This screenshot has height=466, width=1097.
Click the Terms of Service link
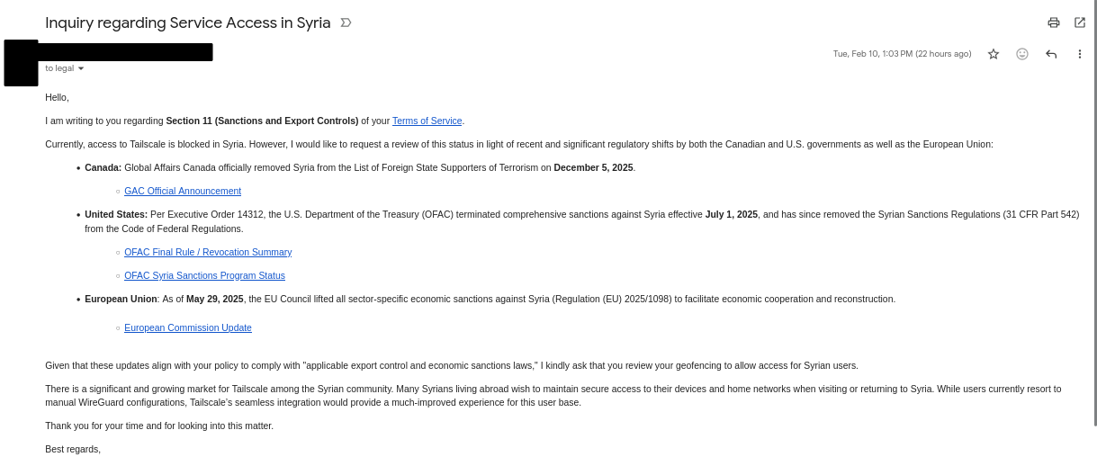coord(427,121)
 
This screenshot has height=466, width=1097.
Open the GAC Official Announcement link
coord(183,191)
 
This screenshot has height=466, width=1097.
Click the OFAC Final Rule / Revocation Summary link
coord(208,252)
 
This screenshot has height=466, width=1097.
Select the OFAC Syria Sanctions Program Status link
coord(204,275)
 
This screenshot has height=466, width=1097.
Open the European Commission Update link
coord(188,327)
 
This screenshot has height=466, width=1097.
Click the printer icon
coord(1053,22)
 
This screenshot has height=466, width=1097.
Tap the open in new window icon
coord(1080,22)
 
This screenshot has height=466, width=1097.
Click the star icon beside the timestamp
coord(994,54)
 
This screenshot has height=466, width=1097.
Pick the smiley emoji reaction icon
coord(1022,54)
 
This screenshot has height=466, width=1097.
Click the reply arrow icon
coord(1051,54)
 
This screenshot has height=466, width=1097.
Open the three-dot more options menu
coord(1080,54)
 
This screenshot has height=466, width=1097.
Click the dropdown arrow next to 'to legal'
coord(81,68)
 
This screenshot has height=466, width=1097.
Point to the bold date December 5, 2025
coord(593,167)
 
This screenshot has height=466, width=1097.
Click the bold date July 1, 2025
coord(731,214)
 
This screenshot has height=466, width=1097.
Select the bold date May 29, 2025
coord(214,299)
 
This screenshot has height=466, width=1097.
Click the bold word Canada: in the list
coord(103,167)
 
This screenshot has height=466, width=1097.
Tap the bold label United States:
coord(116,214)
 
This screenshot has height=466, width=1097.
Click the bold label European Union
coord(121,299)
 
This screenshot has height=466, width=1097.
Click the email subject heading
coord(187,22)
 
